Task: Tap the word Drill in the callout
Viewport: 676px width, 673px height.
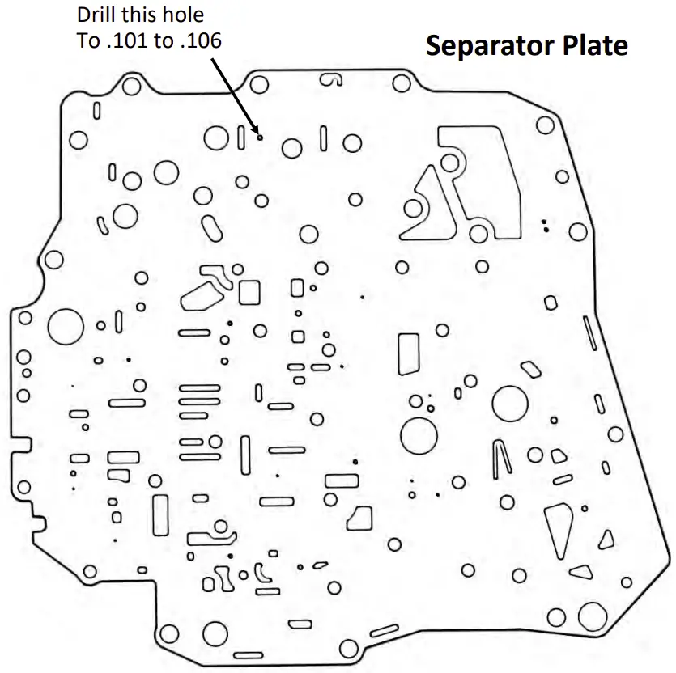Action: click(97, 15)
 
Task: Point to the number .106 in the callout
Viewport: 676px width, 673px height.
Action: click(199, 41)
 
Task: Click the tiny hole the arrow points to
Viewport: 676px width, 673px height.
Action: click(259, 136)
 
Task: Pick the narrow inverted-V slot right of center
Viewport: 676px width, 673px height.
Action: click(501, 459)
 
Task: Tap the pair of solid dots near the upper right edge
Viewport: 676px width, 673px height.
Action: click(546, 225)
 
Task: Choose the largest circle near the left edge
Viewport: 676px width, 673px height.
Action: click(66, 328)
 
